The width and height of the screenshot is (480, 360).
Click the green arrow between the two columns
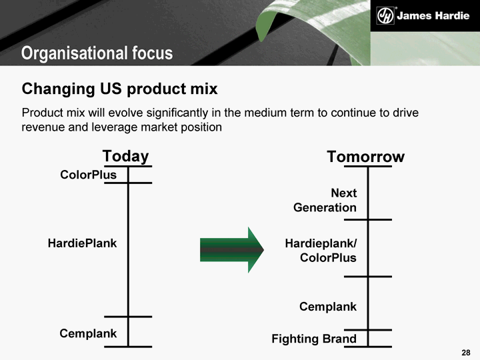(x=232, y=250)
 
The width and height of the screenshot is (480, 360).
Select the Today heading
(x=125, y=157)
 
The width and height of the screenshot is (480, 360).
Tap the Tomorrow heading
(x=365, y=157)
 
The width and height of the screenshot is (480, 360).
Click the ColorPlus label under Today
(x=88, y=175)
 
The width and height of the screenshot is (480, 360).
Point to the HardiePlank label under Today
(x=82, y=243)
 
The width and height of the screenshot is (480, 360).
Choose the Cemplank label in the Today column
(x=88, y=333)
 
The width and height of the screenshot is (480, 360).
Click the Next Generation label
(x=325, y=200)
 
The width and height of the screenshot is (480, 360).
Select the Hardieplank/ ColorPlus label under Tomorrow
(x=321, y=251)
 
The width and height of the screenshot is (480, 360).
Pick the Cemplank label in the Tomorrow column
(x=328, y=307)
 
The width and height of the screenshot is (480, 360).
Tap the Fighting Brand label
(x=314, y=339)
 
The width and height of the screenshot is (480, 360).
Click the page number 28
(x=466, y=353)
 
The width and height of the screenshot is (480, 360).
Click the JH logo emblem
(x=385, y=15)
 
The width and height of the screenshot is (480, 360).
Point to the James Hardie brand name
(x=433, y=15)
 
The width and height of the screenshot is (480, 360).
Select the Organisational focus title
(x=97, y=53)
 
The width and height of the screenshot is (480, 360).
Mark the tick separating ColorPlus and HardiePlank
(x=128, y=183)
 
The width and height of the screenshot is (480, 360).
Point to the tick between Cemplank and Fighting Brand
(x=368, y=330)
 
